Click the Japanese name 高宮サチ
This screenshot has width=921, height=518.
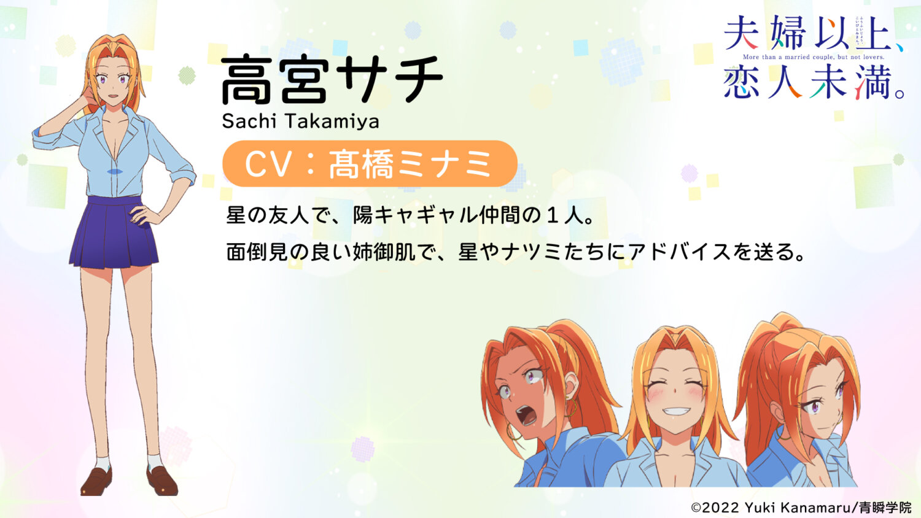[332, 80]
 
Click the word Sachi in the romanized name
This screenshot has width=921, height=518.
[249, 121]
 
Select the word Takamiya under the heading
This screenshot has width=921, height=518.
[331, 121]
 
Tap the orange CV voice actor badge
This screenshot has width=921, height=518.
[370, 164]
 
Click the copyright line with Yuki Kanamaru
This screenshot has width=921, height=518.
[801, 508]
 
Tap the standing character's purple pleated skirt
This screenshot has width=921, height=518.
[114, 233]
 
